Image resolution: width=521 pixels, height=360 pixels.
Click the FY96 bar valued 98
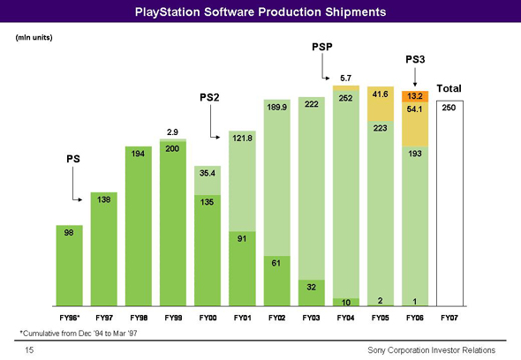point(70,266)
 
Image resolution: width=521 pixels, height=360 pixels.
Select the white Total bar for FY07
point(449,203)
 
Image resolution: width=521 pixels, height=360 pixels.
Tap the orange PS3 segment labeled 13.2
point(415,96)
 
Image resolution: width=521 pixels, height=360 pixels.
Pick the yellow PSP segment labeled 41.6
point(381,103)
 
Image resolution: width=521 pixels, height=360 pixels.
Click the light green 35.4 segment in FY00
point(208,180)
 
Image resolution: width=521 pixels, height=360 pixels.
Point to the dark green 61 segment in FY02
point(276,281)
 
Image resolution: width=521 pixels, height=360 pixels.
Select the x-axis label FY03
point(311,318)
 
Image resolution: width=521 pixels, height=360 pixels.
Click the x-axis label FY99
point(173,318)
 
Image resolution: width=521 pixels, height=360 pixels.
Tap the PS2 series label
point(209,97)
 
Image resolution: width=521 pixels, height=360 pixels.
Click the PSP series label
point(322,47)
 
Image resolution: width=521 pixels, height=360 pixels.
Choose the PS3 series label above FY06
point(415,59)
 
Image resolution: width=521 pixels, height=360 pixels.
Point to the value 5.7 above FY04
point(345,78)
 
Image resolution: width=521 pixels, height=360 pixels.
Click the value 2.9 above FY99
point(172,132)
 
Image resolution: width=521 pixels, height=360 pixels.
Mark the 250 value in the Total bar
point(449,108)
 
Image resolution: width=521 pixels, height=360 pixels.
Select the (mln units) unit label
point(34,38)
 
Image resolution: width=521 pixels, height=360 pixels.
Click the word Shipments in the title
point(356,12)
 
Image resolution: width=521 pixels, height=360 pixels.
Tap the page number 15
point(29,349)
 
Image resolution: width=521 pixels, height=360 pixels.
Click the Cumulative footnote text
point(79,334)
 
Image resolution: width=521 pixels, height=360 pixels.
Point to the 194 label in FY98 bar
point(138,154)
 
